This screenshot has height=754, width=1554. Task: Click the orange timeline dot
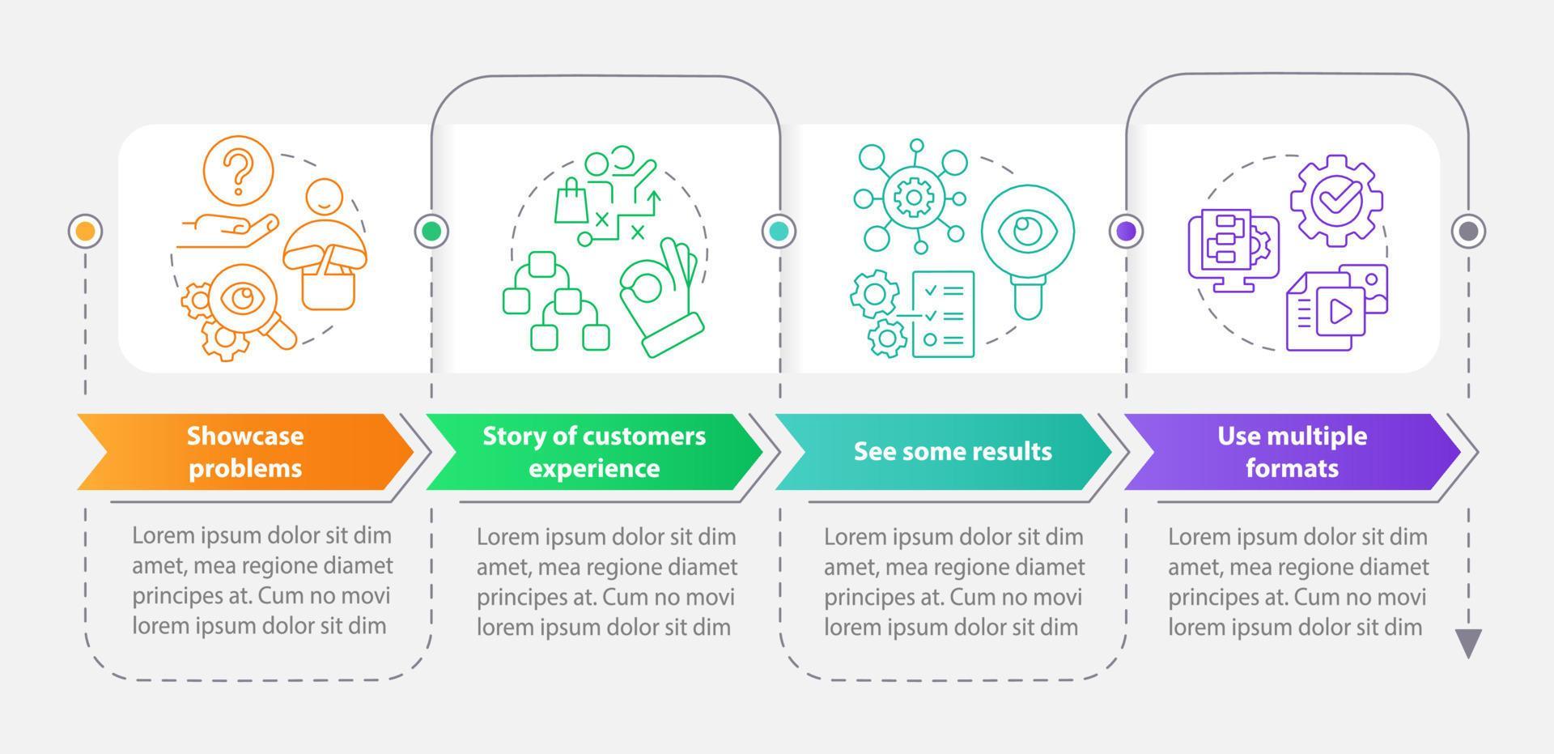(85, 232)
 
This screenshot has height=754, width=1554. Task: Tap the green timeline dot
(431, 232)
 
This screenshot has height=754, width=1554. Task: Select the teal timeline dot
(779, 232)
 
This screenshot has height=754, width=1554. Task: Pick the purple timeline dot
(1126, 232)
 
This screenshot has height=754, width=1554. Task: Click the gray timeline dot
(1467, 232)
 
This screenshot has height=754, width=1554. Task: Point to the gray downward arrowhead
(1467, 643)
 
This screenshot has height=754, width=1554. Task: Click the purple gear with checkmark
(1335, 199)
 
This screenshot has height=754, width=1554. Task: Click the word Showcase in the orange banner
(245, 436)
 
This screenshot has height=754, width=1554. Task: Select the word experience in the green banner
(594, 468)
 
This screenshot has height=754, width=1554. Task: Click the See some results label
(953, 451)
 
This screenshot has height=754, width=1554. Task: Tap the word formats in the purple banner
(1292, 468)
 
